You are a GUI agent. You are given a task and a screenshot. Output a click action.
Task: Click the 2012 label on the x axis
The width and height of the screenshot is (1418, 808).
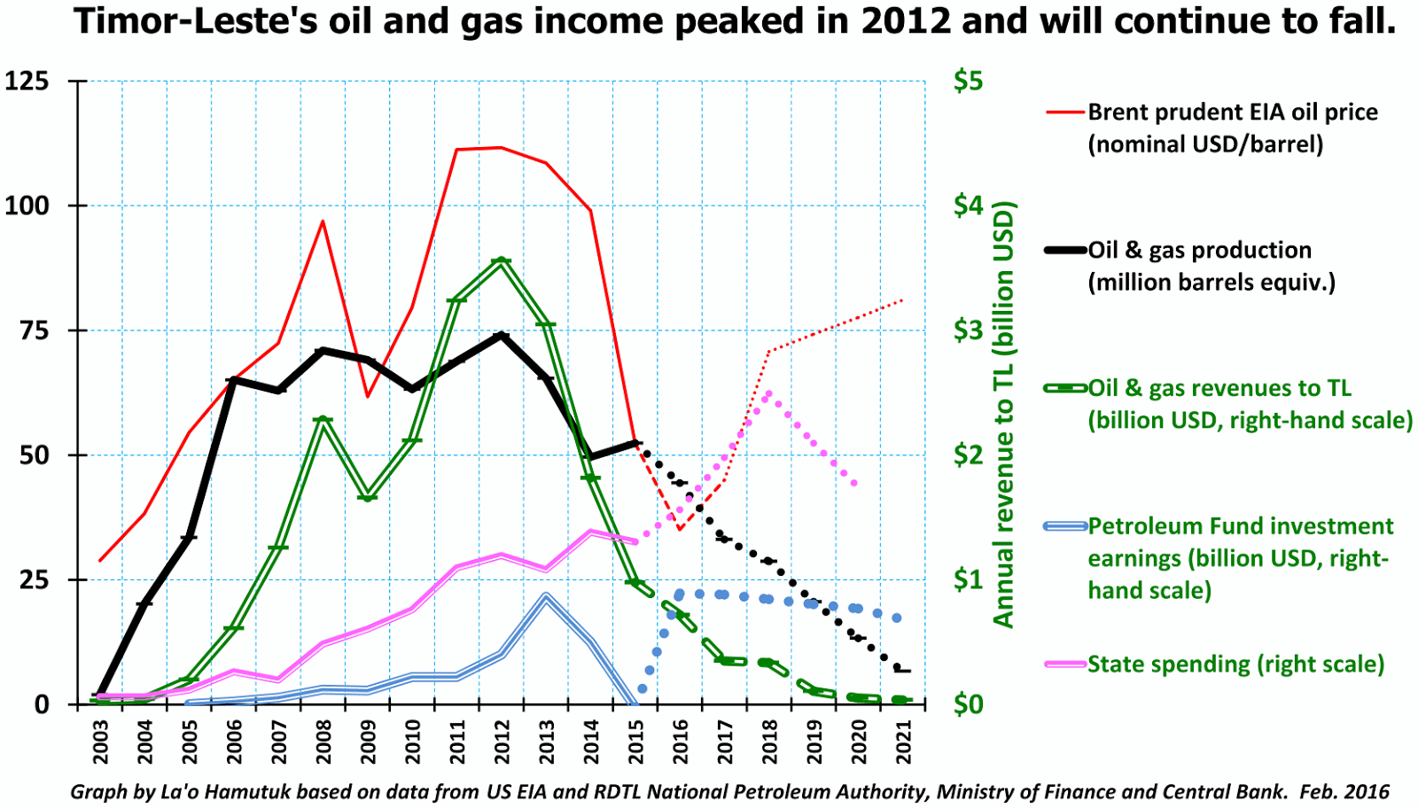click(x=503, y=741)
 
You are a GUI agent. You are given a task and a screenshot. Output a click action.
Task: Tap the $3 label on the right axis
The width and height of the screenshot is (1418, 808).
click(x=968, y=330)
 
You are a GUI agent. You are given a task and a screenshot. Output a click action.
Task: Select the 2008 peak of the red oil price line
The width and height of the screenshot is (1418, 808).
click(x=323, y=221)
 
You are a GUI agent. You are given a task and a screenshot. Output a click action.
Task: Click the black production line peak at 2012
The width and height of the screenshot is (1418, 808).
click(x=502, y=336)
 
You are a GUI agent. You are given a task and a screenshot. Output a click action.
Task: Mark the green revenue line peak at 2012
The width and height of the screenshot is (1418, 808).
click(x=502, y=260)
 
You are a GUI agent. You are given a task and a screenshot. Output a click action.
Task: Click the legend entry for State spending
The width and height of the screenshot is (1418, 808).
click(x=1235, y=664)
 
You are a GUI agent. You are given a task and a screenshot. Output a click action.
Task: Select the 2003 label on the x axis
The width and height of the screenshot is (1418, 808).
click(x=101, y=741)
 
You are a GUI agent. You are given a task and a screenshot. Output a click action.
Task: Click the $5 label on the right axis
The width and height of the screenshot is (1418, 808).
click(x=968, y=82)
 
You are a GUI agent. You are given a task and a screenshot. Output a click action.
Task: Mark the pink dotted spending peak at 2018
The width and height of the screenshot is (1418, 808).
click(x=767, y=392)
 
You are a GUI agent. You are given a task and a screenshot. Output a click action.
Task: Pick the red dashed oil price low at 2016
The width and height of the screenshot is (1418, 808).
click(x=679, y=529)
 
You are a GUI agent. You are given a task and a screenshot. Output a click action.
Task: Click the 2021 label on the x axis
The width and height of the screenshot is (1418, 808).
click(x=904, y=741)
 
